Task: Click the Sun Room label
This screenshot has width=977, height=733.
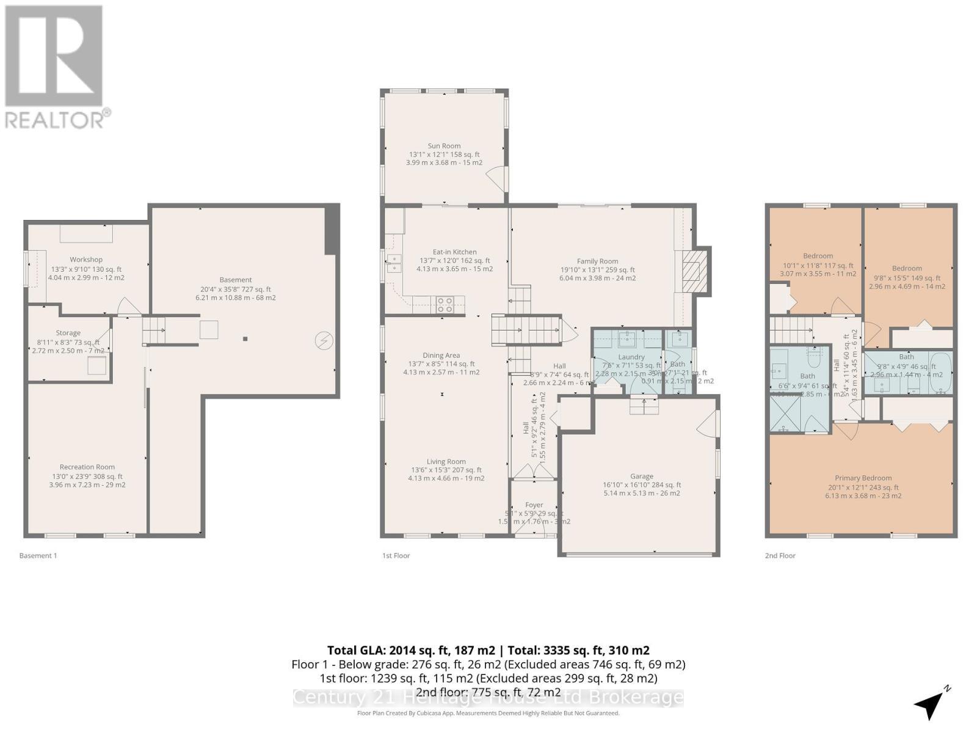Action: tap(444, 146)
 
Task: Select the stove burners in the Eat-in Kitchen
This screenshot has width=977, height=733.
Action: tap(444, 304)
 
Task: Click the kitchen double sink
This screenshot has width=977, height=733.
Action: tap(394, 263)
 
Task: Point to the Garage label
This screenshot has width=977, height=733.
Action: tap(642, 476)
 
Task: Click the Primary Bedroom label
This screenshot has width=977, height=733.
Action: tap(863, 478)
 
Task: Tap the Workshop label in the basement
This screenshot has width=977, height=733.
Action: tap(86, 260)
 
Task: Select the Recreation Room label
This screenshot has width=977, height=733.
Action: tap(87, 467)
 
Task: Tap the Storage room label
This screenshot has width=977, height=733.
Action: tap(68, 333)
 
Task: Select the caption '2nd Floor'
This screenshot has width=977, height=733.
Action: tap(780, 556)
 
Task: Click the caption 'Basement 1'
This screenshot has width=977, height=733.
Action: tap(38, 556)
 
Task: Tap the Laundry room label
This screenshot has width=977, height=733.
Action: tap(631, 357)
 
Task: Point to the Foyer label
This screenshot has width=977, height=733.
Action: tap(534, 505)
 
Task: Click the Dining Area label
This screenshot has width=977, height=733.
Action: tap(441, 356)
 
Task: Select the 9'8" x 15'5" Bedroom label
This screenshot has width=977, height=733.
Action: tap(907, 268)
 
